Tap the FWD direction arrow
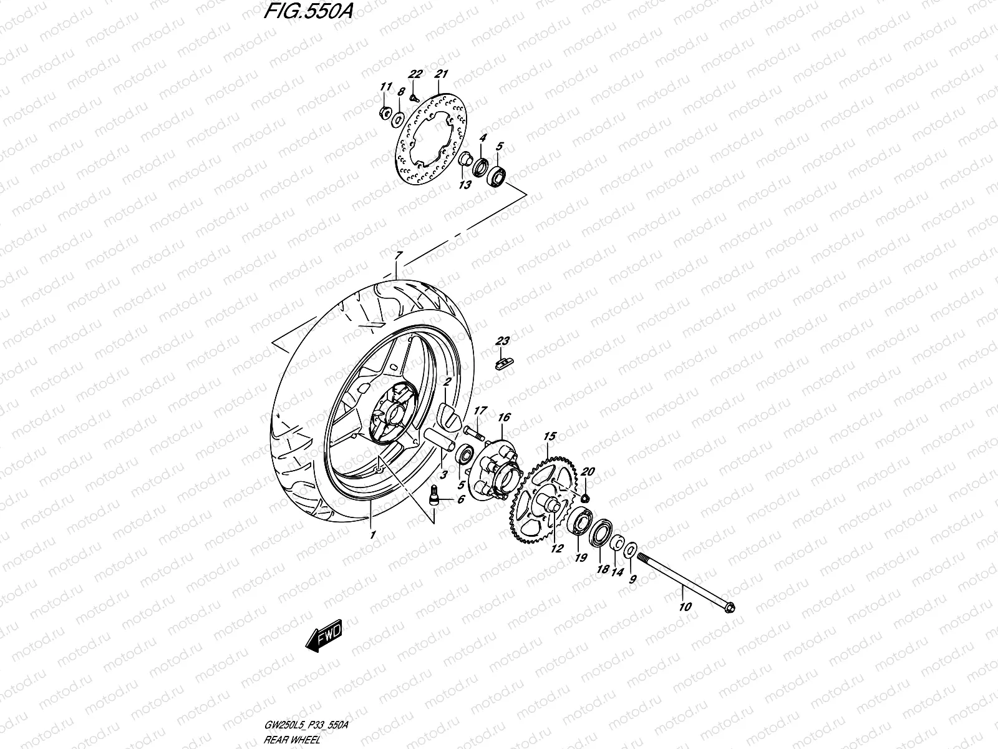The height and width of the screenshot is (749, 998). pos(322,638)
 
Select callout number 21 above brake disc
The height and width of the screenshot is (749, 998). pos(442,74)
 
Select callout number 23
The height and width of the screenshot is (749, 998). pos(503,341)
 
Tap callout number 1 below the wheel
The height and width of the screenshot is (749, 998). pos(372,535)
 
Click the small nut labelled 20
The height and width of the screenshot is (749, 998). pos(586,497)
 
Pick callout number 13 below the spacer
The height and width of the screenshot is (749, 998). pos(464,185)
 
